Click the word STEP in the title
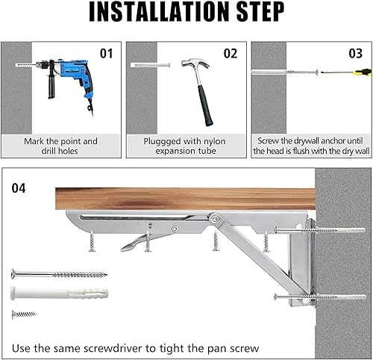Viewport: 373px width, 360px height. tap(252, 13)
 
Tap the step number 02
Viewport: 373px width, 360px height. tap(230, 54)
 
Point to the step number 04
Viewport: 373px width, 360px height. tap(19, 188)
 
